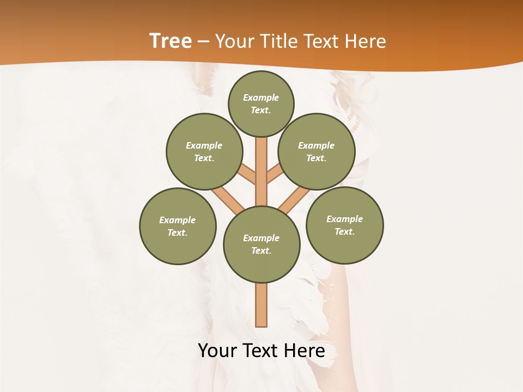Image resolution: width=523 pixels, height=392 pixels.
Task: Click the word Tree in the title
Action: pos(171,41)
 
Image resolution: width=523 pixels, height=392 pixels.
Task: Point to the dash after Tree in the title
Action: pos(203,42)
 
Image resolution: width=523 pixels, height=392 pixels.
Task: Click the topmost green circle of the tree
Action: pos(261,103)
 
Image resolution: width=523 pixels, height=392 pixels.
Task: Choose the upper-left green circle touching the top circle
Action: pos(204,151)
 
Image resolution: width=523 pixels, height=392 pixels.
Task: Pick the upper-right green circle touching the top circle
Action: pos(317,151)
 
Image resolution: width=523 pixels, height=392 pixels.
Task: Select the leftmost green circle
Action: pos(178,226)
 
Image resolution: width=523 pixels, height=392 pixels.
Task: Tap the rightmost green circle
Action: pos(345,225)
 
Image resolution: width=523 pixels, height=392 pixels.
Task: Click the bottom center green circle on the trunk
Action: pos(261,244)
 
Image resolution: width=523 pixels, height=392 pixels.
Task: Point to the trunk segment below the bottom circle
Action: pos(261,305)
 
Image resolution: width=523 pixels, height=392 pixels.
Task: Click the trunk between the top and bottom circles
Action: pos(261,171)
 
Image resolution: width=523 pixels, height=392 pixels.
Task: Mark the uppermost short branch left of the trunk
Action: pos(247,174)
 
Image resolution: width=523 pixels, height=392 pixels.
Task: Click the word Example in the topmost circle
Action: pos(261,97)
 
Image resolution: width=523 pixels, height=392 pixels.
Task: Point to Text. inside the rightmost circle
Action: pos(345,231)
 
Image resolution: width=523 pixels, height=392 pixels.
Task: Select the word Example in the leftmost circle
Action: pos(177,220)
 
